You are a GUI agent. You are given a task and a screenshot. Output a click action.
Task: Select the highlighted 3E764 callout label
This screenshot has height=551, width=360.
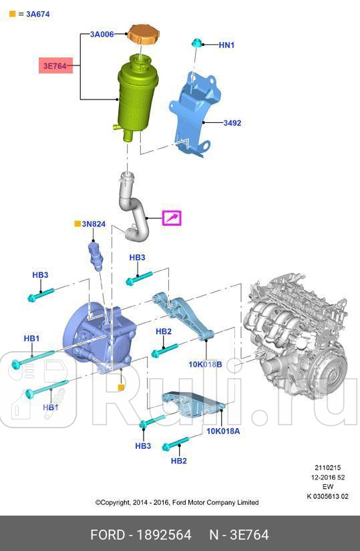(56, 66)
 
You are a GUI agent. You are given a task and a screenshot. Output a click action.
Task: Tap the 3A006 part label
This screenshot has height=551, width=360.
(102, 33)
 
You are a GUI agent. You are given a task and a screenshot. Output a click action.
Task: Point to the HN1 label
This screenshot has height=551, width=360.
(227, 45)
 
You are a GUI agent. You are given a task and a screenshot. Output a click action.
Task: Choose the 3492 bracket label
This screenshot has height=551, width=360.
(232, 123)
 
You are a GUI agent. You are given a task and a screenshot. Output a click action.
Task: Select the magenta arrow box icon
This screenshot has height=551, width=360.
(172, 218)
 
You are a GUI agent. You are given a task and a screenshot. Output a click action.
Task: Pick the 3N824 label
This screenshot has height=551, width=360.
(94, 224)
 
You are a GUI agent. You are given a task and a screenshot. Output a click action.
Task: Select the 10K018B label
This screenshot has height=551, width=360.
(204, 365)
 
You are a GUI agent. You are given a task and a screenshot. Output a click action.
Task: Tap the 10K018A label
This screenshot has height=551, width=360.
(222, 431)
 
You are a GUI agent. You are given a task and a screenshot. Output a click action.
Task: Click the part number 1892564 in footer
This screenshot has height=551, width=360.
(164, 535)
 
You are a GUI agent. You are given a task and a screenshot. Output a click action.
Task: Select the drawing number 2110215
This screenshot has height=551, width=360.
(328, 468)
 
